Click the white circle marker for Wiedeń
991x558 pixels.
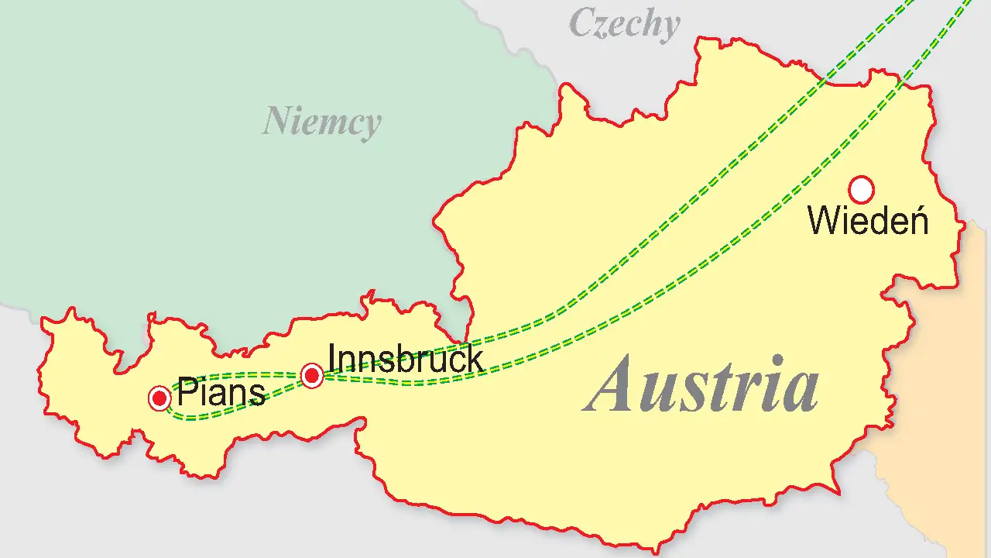click(x=861, y=189)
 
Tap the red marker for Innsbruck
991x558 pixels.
click(x=312, y=376)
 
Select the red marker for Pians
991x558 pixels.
click(x=159, y=398)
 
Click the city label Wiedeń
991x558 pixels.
click(x=868, y=222)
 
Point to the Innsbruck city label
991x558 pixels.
click(x=406, y=360)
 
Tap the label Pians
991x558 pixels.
click(x=221, y=393)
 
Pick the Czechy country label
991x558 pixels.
click(x=624, y=25)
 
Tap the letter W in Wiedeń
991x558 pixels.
click(x=824, y=222)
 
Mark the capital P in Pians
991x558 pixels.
click(x=187, y=392)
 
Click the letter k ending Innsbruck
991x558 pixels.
click(x=474, y=360)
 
